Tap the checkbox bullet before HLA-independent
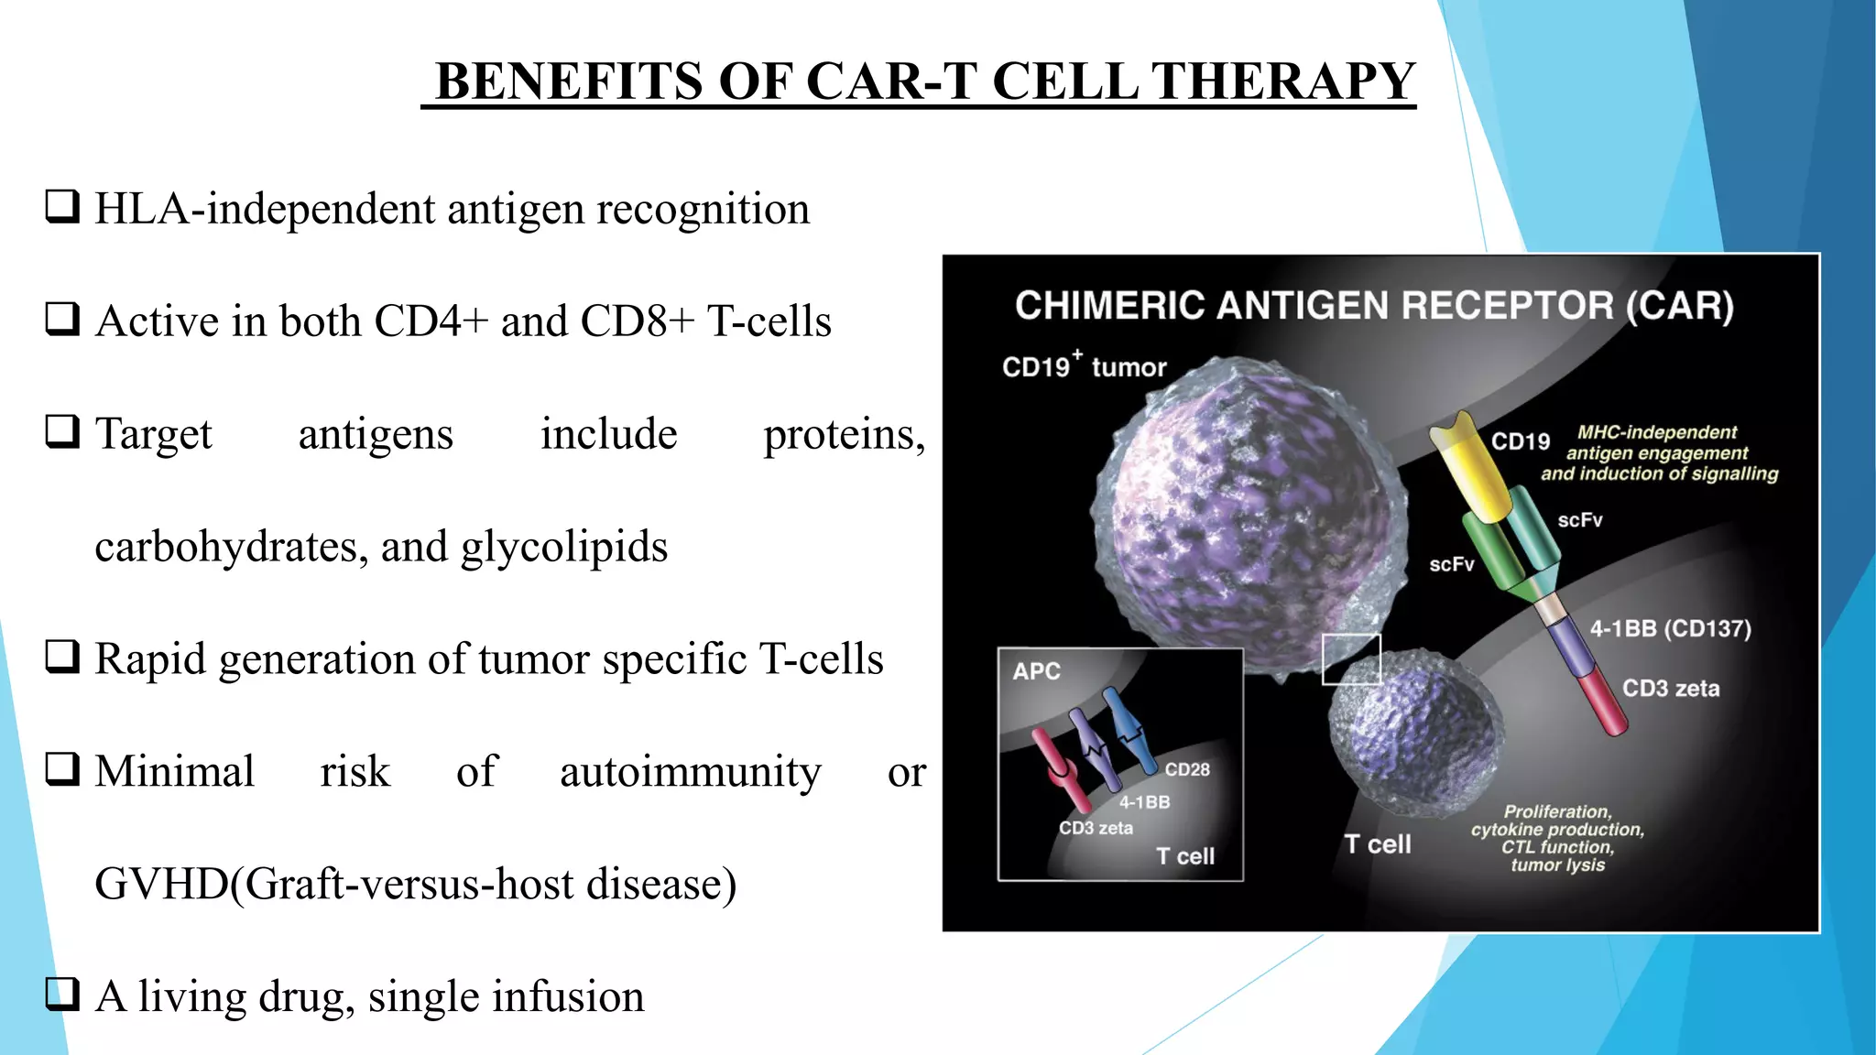(62, 207)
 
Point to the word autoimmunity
(690, 772)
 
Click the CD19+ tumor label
(1084, 366)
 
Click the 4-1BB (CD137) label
(1670, 629)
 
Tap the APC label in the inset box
(1036, 671)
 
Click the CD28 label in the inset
(1187, 769)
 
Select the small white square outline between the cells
(1351, 658)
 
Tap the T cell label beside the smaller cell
(1377, 844)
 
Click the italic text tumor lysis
(1557, 865)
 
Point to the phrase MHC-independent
(1656, 432)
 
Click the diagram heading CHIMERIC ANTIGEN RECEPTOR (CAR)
(1374, 306)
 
